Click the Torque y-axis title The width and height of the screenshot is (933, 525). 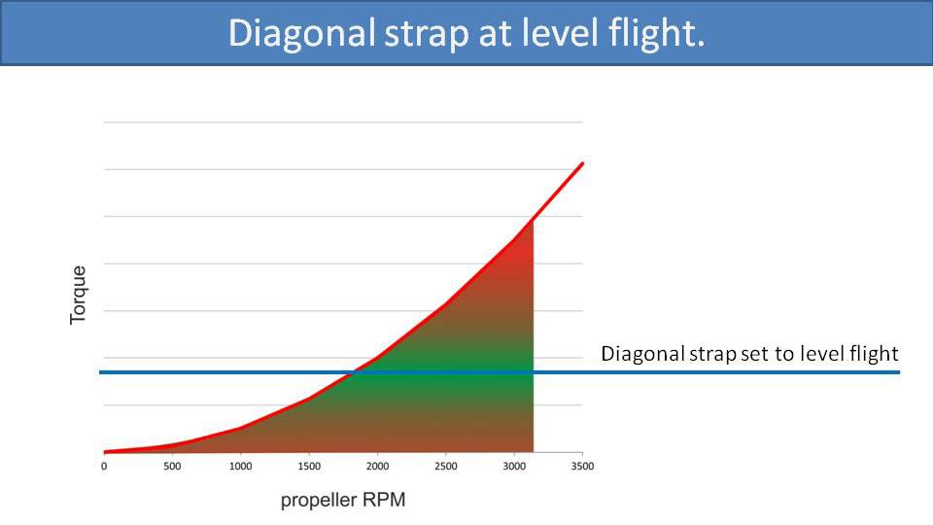tap(79, 295)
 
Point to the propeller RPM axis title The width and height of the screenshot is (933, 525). tap(343, 501)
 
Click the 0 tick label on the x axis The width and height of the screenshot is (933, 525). tap(104, 467)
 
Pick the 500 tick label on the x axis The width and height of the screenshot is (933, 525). tap(172, 467)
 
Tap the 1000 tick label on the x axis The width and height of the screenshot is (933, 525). tap(240, 467)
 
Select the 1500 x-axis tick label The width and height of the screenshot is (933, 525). tap(308, 467)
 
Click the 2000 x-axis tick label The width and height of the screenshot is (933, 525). tap(377, 467)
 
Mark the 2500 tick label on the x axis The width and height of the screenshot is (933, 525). tap(445, 467)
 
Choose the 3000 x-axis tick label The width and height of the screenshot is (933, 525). tap(513, 467)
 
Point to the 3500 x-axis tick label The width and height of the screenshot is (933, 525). tap(581, 467)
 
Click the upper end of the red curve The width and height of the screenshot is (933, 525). tap(582, 163)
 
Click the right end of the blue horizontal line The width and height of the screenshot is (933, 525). tap(898, 372)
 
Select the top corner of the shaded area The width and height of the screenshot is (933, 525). tap(533, 220)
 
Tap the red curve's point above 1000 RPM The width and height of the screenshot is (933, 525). tap(240, 428)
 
